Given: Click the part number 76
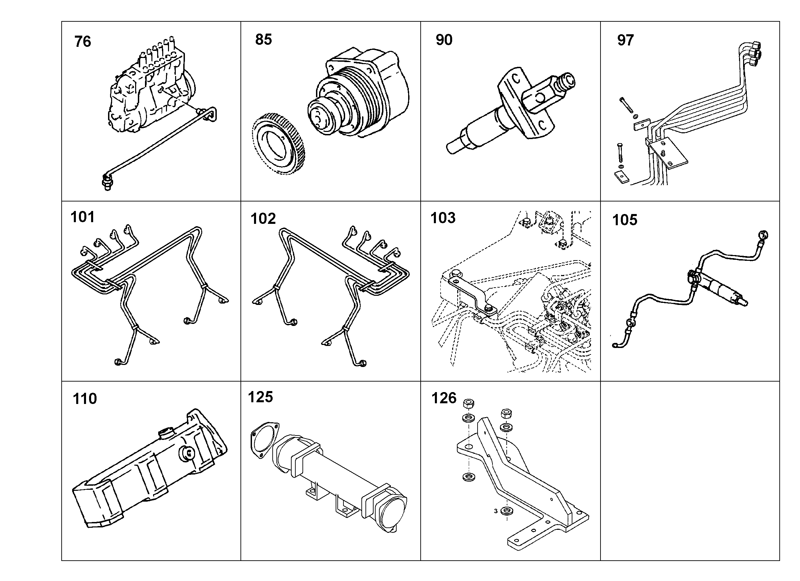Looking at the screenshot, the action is point(83,41).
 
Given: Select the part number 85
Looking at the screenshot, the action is point(264,40).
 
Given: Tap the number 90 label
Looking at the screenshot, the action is point(444,40).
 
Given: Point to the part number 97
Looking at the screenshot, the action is point(625,40).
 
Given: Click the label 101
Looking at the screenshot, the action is point(83,217).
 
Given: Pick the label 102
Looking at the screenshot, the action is point(263,219).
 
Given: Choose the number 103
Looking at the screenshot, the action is point(443,218).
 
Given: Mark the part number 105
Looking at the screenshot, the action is point(625,220).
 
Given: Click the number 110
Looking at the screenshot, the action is point(85,399).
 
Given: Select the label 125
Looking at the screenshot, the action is point(260,397).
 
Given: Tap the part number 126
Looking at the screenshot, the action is point(444,398).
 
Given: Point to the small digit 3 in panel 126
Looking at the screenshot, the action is point(496,511).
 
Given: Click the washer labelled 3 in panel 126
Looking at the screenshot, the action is point(507,511).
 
